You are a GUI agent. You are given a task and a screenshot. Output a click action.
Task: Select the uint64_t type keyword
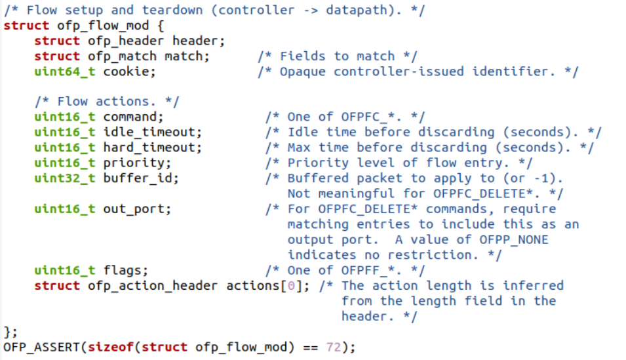click(x=64, y=71)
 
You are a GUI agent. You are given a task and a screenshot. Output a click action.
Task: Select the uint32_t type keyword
click(x=64, y=178)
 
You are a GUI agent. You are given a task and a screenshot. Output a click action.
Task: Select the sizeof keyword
click(x=111, y=347)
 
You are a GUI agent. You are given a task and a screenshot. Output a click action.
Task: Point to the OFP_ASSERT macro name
click(x=41, y=347)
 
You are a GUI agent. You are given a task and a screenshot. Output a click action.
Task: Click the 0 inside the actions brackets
click(x=291, y=286)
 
